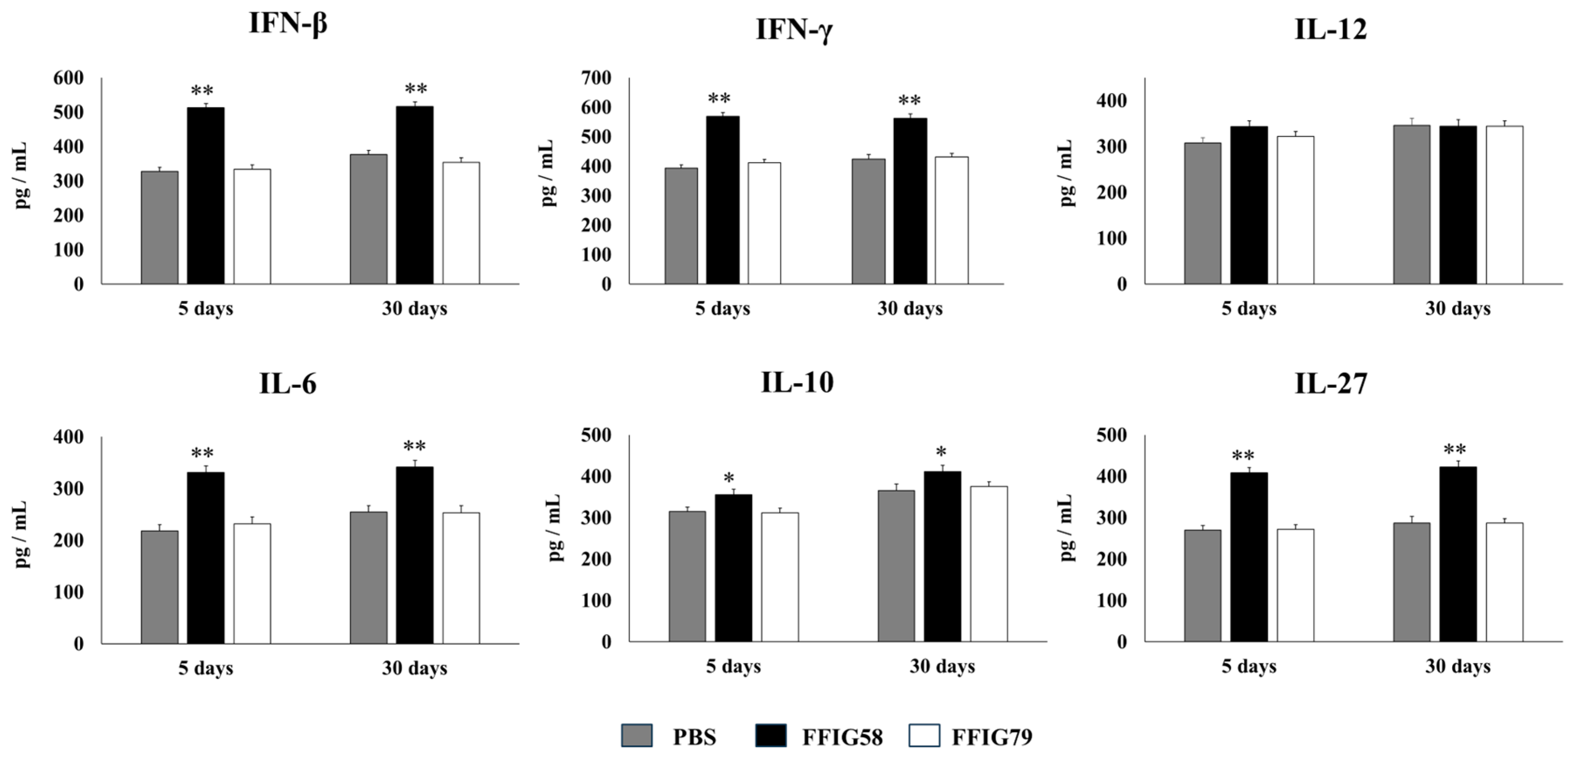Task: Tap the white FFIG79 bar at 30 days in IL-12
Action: pos(1504,205)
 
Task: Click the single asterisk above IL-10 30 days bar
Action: pos(941,453)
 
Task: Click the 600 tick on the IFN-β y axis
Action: pos(69,78)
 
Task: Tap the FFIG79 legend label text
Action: pos(991,737)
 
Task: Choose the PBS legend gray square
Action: pos(637,736)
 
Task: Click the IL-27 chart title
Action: pos(1330,384)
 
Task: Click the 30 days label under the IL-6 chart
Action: pos(415,668)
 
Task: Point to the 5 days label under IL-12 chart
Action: pos(1249,309)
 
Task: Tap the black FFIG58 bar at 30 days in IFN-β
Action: pos(415,195)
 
